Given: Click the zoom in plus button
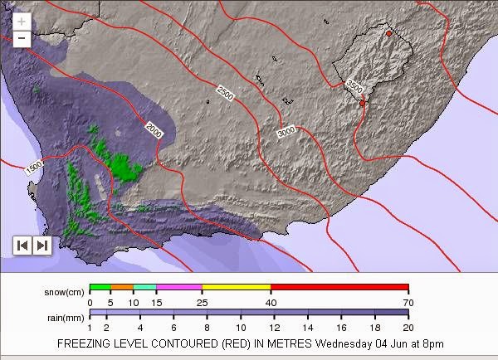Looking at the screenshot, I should pyautogui.click(x=22, y=22).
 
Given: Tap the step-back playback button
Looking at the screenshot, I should pyautogui.click(x=22, y=245).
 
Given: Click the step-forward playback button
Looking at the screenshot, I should pyautogui.click(x=41, y=245).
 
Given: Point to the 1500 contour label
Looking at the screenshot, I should pyautogui.click(x=34, y=169).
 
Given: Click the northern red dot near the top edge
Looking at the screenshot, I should pyautogui.click(x=388, y=33).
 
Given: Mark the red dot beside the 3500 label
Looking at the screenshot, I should pyautogui.click(x=362, y=103).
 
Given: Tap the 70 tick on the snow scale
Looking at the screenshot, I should pyautogui.click(x=408, y=304).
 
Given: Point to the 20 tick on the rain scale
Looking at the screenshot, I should pyautogui.click(x=408, y=328).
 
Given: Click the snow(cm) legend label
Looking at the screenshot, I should pyautogui.click(x=65, y=293).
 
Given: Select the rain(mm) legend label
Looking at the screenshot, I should pyautogui.click(x=65, y=317).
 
